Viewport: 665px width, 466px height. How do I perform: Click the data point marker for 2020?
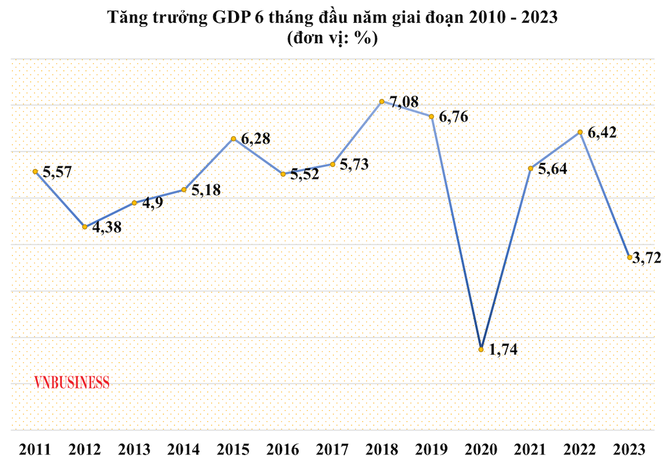coord(481,349)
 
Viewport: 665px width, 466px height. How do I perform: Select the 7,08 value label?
coord(404,102)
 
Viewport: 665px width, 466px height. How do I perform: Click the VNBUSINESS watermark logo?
coord(71,382)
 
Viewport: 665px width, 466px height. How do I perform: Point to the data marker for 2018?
coord(382,101)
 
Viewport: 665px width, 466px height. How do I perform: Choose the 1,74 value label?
coord(504,350)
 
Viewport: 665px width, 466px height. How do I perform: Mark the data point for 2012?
coord(84,227)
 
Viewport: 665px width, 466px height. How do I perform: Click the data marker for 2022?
coord(580,132)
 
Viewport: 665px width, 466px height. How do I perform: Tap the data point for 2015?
coord(233,138)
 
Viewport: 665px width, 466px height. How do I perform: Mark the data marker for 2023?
coord(629,258)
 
